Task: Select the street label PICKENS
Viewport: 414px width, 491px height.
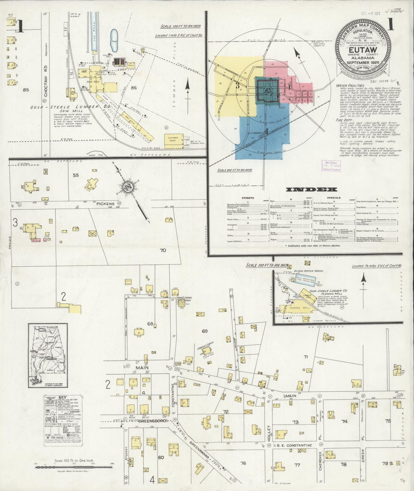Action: pyautogui.click(x=105, y=204)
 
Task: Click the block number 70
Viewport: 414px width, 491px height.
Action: pyautogui.click(x=163, y=250)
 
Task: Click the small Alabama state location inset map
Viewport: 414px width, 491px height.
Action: pyautogui.click(x=48, y=355)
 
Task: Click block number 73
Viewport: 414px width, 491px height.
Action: pyautogui.click(x=295, y=422)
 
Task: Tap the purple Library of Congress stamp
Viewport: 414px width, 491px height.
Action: pyautogui.click(x=331, y=166)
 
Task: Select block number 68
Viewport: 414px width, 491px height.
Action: pyautogui.click(x=150, y=324)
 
